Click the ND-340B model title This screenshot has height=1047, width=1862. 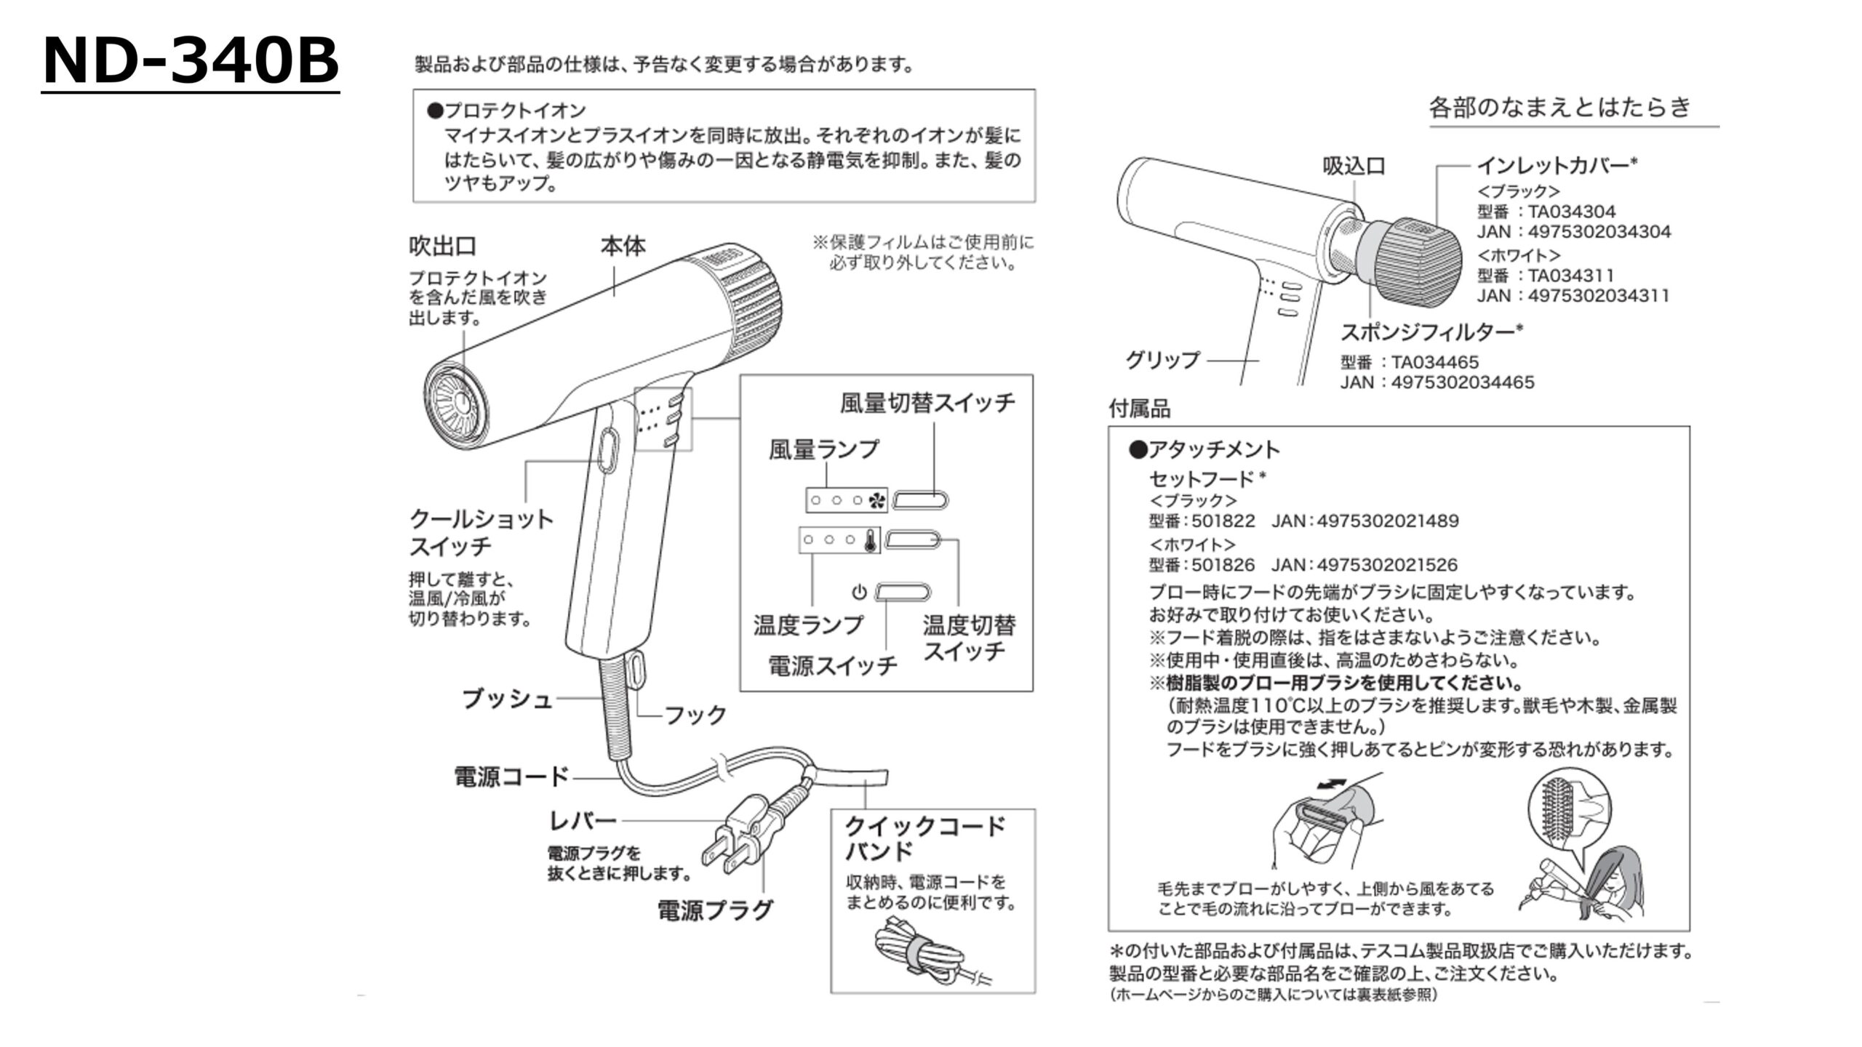[191, 63]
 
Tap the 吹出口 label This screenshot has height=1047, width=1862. [442, 246]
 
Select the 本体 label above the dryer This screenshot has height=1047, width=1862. [623, 246]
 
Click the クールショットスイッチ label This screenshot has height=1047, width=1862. [481, 532]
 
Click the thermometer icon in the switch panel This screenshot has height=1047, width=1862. [870, 540]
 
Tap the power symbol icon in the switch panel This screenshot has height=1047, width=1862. [859, 592]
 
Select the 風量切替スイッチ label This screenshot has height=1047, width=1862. [927, 403]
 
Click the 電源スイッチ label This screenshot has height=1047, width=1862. [833, 665]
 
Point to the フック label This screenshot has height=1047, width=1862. [695, 715]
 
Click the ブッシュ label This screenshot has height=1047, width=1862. [507, 699]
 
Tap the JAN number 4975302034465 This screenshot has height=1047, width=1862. [1462, 382]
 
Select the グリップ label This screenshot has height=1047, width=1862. [1162, 360]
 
